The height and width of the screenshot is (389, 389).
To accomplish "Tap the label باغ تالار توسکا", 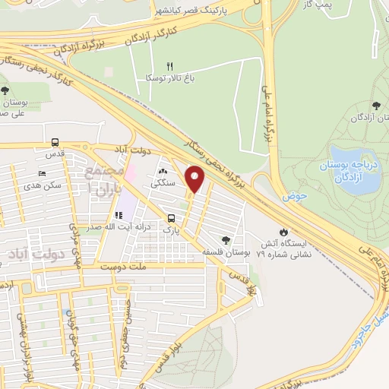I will pos(171,77).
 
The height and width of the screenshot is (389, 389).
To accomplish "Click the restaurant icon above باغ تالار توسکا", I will pos(170,66).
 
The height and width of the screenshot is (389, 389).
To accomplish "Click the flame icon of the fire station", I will pos(284,232).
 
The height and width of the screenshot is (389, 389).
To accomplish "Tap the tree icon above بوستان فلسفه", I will pos(224,239).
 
